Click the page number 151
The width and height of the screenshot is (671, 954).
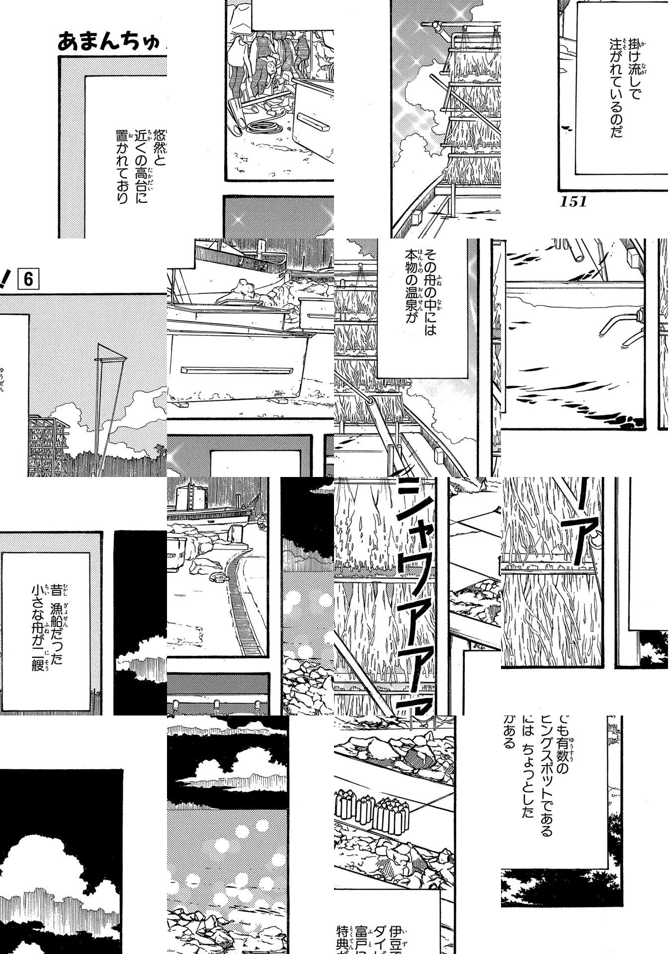[573, 201]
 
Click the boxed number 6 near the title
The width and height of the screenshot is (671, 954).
[28, 279]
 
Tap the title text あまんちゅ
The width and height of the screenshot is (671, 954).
[109, 42]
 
